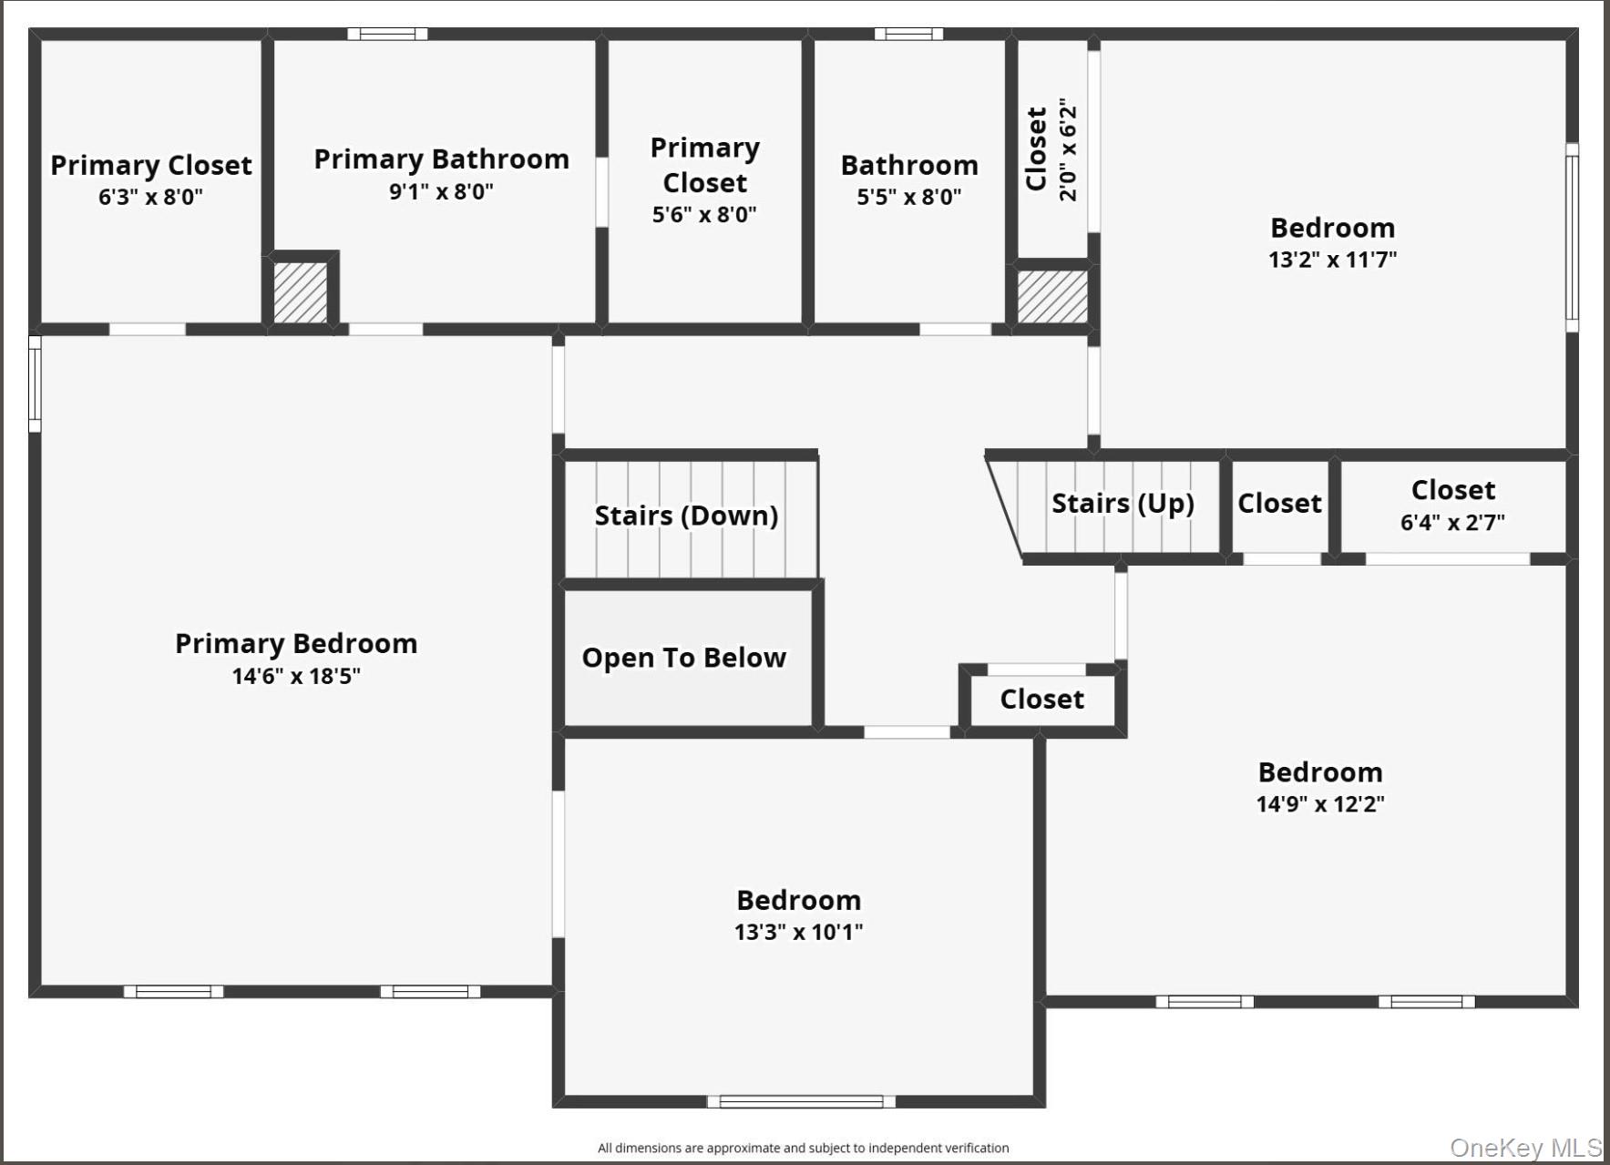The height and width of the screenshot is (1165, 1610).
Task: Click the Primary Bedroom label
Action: (296, 644)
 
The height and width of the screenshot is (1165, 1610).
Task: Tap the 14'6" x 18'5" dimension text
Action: (296, 676)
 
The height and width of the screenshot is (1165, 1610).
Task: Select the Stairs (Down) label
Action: (686, 516)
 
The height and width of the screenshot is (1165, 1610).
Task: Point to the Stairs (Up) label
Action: (1123, 503)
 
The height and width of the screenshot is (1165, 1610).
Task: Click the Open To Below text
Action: (683, 658)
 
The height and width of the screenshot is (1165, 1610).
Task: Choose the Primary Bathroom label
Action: (441, 159)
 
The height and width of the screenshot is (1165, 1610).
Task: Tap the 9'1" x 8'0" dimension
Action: (441, 191)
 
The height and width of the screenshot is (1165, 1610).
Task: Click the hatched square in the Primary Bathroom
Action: (301, 292)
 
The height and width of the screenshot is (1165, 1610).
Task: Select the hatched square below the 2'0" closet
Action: (1052, 297)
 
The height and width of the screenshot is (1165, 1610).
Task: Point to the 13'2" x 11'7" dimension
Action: (1332, 260)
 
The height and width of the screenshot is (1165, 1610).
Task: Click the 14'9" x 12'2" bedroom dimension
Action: (1320, 803)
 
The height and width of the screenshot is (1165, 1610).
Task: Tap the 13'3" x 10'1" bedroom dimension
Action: (798, 932)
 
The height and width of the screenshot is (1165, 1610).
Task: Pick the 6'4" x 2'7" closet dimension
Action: (1452, 522)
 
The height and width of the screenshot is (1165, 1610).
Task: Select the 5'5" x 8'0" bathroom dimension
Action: (908, 197)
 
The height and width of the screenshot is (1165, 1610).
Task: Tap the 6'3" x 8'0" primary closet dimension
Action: (150, 197)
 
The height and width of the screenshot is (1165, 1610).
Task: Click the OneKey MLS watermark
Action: (1525, 1148)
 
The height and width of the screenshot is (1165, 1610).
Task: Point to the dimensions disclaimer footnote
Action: (803, 1148)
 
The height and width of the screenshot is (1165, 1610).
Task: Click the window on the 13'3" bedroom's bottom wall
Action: (801, 1101)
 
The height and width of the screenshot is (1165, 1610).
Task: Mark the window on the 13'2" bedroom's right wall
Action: (1572, 237)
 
